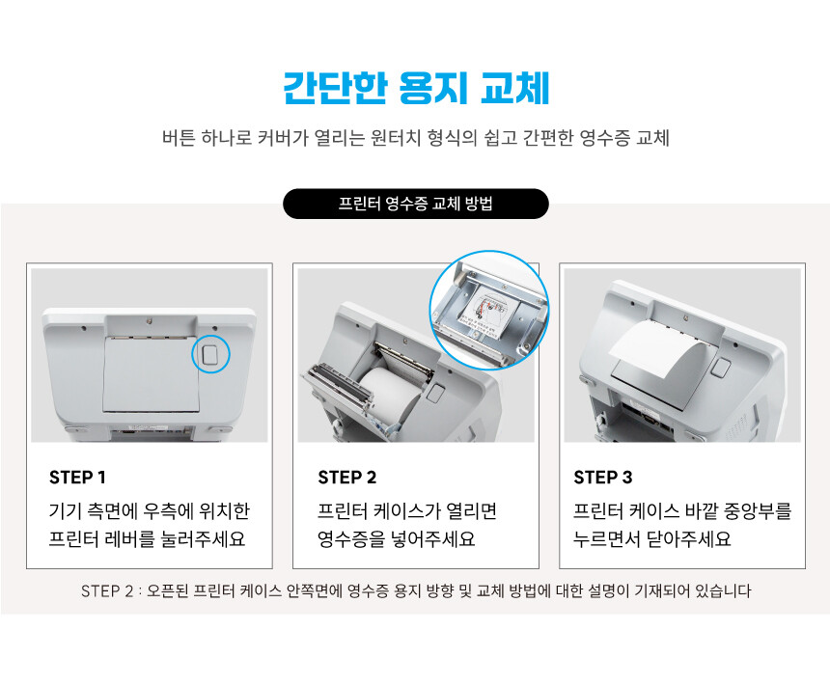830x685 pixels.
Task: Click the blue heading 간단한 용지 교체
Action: tap(416, 88)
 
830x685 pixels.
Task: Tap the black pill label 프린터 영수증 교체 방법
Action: tap(416, 204)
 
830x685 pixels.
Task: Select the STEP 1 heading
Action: tap(77, 478)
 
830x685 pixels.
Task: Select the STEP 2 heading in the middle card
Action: tap(346, 478)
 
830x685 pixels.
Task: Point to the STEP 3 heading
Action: tap(603, 478)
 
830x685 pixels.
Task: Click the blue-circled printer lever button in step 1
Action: tap(210, 354)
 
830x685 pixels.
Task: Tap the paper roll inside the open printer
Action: tap(390, 394)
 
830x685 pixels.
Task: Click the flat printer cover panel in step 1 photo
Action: tap(151, 373)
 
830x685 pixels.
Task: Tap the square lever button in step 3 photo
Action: tap(720, 367)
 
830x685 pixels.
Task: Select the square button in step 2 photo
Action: tap(435, 392)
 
